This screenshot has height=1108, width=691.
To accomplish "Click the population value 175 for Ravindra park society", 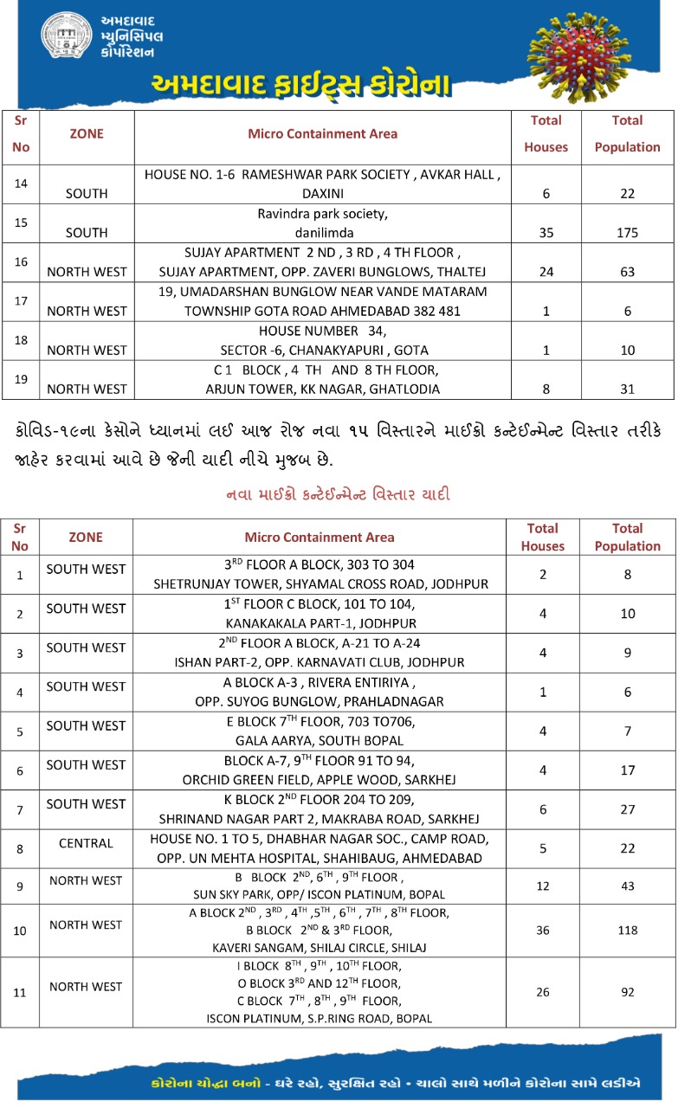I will coord(627,233).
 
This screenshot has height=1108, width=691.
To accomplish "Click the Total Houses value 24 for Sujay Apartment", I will coord(546,272).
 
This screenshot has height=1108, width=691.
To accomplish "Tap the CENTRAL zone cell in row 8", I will coord(86,842).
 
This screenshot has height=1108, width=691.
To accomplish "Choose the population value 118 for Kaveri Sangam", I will coord(627,930).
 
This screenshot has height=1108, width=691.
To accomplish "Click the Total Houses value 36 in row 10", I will coord(543,930).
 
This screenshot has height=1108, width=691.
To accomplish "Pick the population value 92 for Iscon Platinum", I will coord(627,992).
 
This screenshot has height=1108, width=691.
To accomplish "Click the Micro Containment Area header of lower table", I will coord(320,538).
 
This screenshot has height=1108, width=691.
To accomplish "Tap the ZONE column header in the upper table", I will coord(86,134).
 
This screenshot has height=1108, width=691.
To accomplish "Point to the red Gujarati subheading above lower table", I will coord(337,495).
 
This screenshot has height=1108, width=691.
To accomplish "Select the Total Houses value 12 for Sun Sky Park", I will coord(543,886).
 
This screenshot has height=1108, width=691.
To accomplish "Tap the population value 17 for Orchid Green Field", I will coord(627,770).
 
